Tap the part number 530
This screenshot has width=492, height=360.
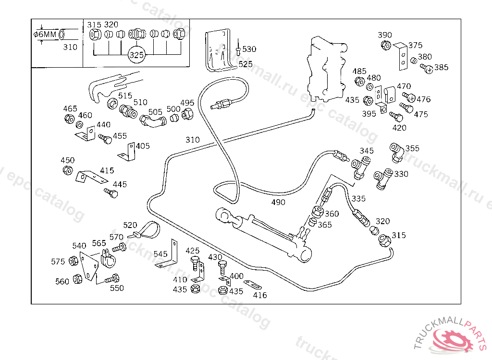click(x=249, y=49)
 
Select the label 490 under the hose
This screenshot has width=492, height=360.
click(x=278, y=202)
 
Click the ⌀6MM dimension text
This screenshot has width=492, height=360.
click(x=46, y=35)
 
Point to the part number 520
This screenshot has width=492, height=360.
click(x=130, y=225)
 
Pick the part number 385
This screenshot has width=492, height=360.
click(x=441, y=68)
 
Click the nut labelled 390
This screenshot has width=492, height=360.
click(x=385, y=45)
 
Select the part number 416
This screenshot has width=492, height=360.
click(x=260, y=295)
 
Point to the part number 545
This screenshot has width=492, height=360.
click(x=160, y=253)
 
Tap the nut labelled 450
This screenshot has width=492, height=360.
click(x=68, y=170)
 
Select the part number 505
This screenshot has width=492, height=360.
click(x=155, y=112)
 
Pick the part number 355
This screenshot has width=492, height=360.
click(x=412, y=148)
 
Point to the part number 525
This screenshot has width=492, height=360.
click(x=245, y=64)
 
